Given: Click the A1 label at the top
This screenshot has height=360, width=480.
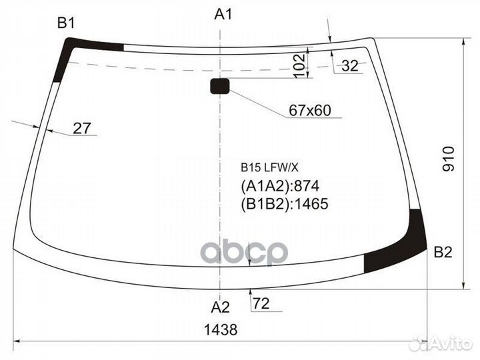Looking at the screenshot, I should pyautogui.click(x=223, y=13).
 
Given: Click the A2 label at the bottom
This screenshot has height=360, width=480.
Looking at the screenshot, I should pyautogui.click(x=220, y=307).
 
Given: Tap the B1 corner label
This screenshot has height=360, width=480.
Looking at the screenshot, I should pyautogui.click(x=65, y=23).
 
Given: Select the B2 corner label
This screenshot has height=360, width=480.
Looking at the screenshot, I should pyautogui.click(x=443, y=252).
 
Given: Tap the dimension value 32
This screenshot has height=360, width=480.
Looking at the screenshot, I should pyautogui.click(x=349, y=65).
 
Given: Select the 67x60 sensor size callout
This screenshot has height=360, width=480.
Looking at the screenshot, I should pyautogui.click(x=310, y=111).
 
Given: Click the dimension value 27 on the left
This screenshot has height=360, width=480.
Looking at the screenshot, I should pyautogui.click(x=81, y=128).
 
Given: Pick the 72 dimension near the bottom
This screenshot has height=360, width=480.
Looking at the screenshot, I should pyautogui.click(x=261, y=305).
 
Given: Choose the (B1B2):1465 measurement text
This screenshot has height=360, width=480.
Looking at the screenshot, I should pyautogui.click(x=285, y=204).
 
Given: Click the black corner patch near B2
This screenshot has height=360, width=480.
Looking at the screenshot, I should pyautogui.click(x=400, y=247).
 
